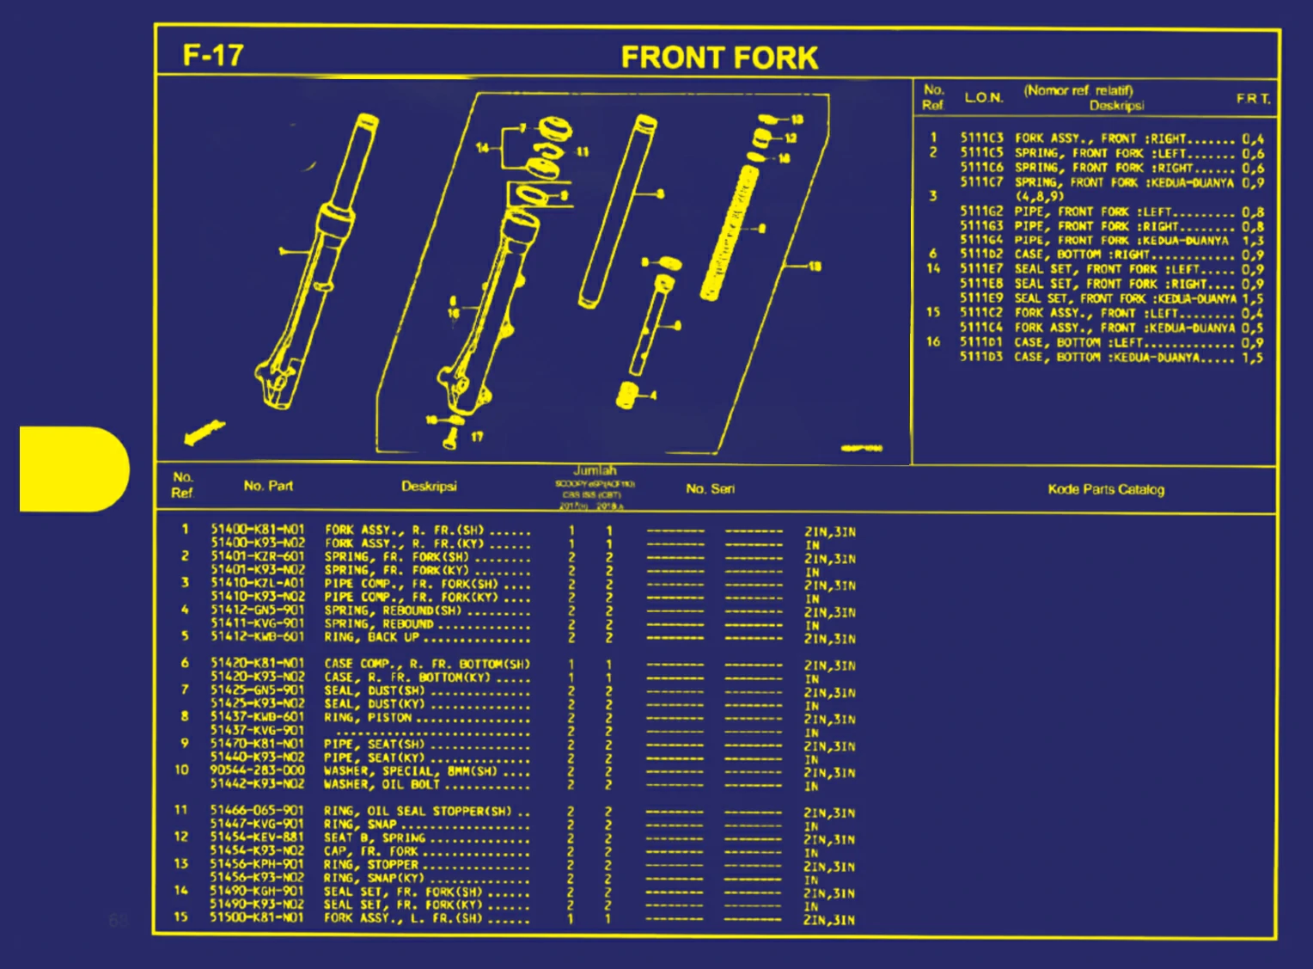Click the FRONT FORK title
[x=719, y=58]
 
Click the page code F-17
[x=213, y=56]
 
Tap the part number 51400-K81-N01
[x=258, y=530]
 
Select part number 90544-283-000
[x=258, y=770]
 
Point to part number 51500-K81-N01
[x=258, y=918]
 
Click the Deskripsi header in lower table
[x=429, y=487]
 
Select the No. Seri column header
[x=710, y=488]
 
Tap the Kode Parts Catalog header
[x=1106, y=489]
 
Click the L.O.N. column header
[x=983, y=97]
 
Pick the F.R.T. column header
[x=1252, y=98]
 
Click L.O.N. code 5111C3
[x=981, y=138]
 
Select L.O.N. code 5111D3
[x=981, y=357]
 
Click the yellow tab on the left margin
[x=73, y=469]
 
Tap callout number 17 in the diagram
[x=477, y=437]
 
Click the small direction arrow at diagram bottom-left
[x=205, y=432]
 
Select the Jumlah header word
[x=595, y=470]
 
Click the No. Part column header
[x=268, y=486]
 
